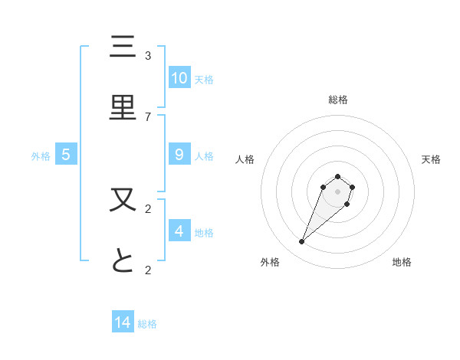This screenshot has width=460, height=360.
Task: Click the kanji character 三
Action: (123, 47)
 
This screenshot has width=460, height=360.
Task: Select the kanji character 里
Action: (123, 108)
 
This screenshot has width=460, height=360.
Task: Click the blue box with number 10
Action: (179, 77)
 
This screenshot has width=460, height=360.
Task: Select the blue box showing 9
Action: (179, 154)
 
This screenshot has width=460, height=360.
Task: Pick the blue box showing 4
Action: (179, 231)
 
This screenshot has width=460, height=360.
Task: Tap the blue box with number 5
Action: (66, 154)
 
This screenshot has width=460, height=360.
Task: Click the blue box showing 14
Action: (123, 322)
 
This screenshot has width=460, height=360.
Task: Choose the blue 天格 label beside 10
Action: (204, 79)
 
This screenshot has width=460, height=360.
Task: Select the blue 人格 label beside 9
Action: (204, 155)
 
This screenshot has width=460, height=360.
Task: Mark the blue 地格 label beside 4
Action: (204, 232)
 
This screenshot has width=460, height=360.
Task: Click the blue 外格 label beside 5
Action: (41, 155)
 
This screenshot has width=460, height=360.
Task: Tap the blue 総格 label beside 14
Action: (147, 324)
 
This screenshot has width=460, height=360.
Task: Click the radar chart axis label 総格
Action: (338, 100)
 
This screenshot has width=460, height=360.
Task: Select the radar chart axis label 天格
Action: (431, 159)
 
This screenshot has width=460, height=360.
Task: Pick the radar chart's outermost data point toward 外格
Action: (302, 242)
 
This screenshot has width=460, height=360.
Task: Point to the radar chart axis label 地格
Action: (402, 262)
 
